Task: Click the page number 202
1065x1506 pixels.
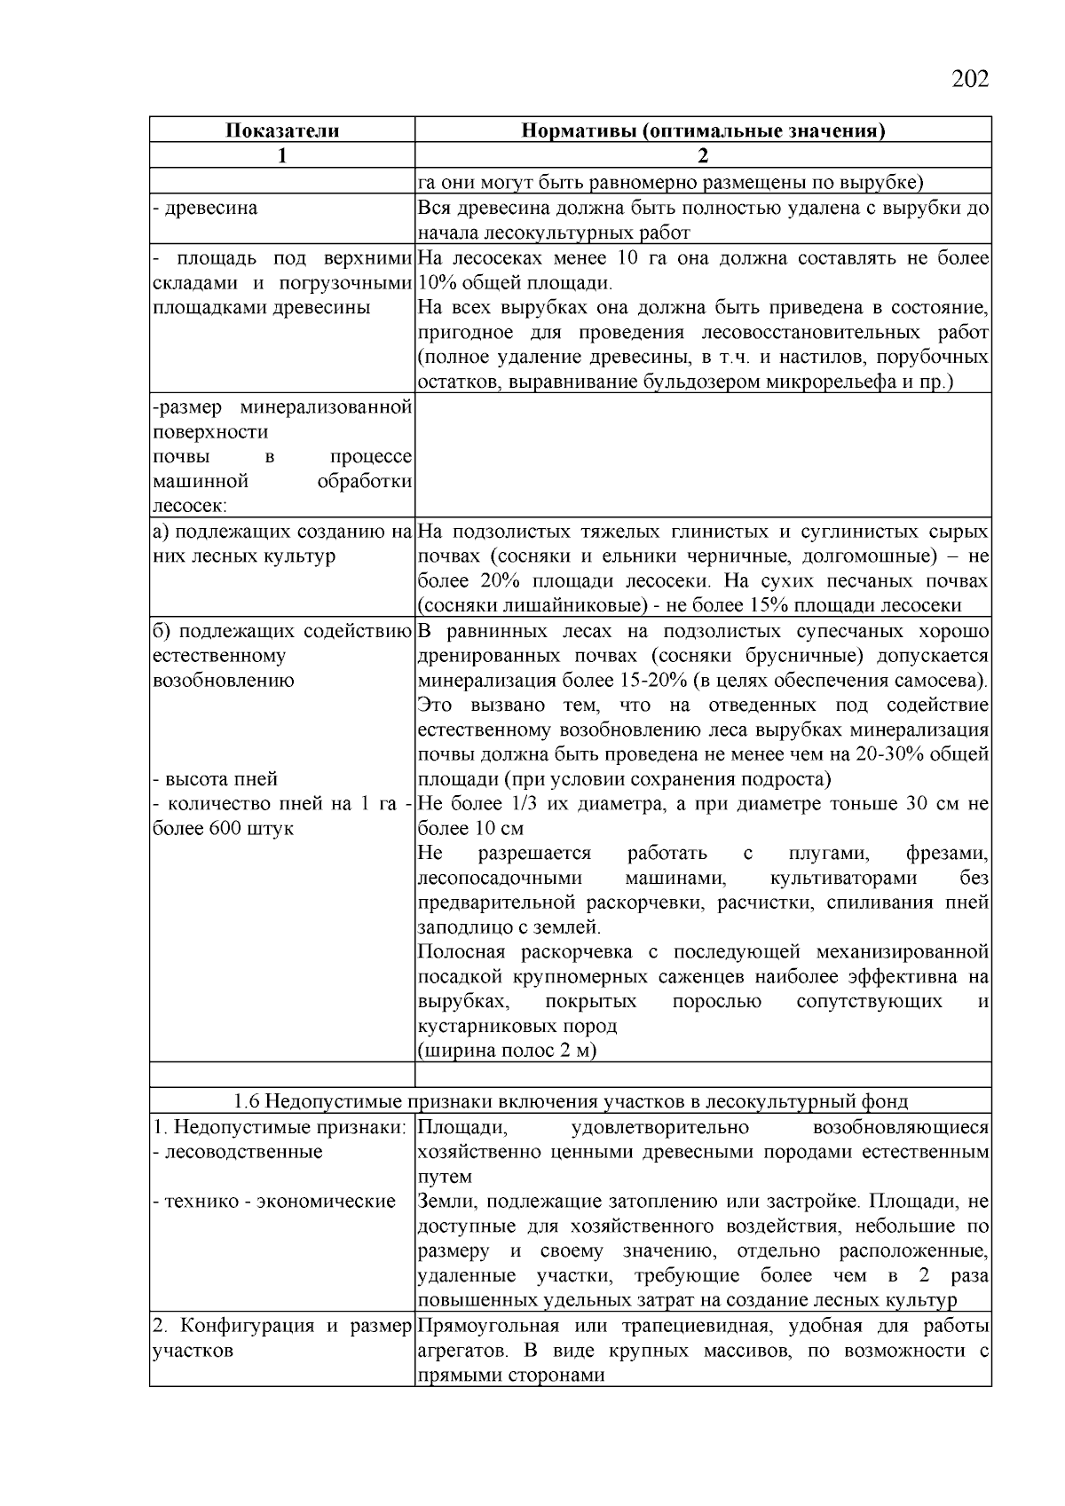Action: [x=969, y=80]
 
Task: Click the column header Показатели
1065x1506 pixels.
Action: [x=281, y=130]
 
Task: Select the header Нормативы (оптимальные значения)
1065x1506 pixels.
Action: [x=703, y=130]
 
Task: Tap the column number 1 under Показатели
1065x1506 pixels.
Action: [x=281, y=156]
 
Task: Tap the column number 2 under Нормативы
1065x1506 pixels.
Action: [x=703, y=156]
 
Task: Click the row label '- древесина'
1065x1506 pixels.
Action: [x=206, y=209]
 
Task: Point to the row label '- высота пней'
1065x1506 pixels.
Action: [x=216, y=779]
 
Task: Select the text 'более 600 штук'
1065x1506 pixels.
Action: [x=224, y=829]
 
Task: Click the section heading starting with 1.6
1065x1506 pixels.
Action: [x=570, y=1101]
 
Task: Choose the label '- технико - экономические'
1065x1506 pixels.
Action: [x=274, y=1202]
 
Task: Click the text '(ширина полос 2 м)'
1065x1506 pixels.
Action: [x=507, y=1051]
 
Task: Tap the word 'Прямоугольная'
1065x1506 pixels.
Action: [x=487, y=1326]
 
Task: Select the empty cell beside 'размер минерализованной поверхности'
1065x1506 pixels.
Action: [x=703, y=455]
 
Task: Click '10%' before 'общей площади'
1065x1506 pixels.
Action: [x=435, y=284]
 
